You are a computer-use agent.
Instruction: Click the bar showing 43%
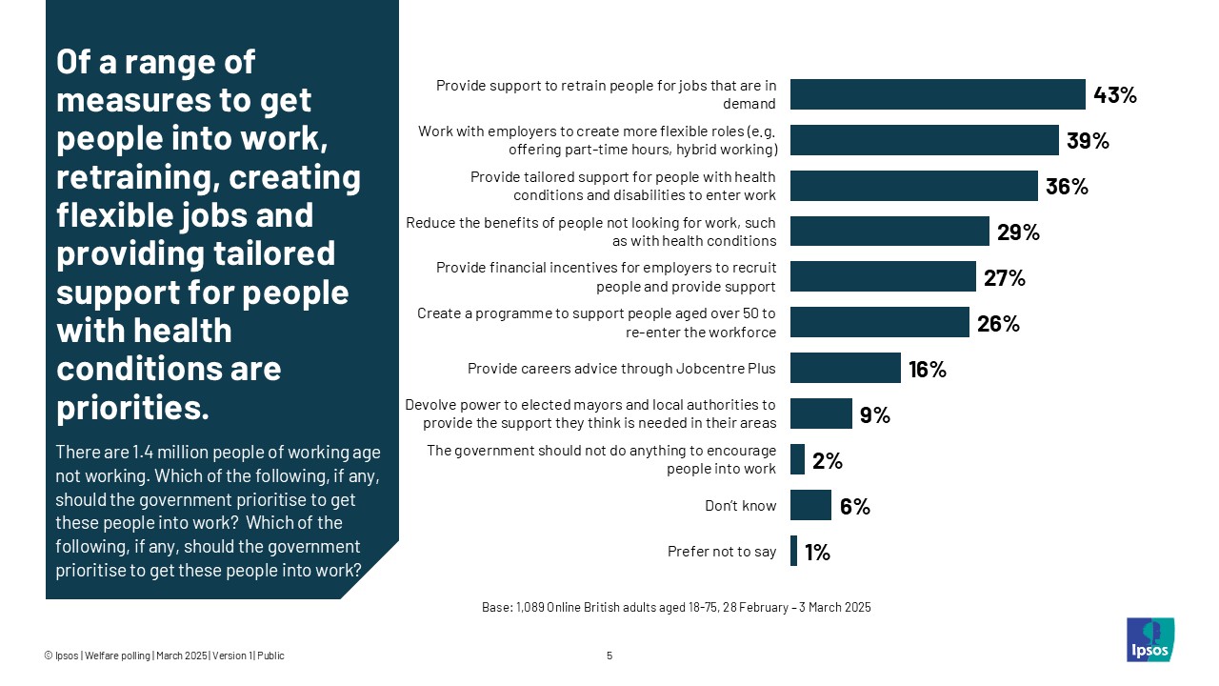click(x=937, y=94)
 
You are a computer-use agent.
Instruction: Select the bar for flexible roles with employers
click(x=924, y=140)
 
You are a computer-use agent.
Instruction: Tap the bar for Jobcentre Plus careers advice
click(x=845, y=368)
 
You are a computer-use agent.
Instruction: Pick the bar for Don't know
click(x=810, y=505)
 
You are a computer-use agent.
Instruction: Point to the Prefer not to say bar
click(x=793, y=551)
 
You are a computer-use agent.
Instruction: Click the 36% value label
click(x=1067, y=187)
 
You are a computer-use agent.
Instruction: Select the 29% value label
click(x=1018, y=232)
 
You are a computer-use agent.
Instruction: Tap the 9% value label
click(x=874, y=414)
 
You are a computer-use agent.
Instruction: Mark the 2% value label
click(x=828, y=461)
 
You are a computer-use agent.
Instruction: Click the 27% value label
click(x=1004, y=278)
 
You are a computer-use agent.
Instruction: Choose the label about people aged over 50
click(x=597, y=323)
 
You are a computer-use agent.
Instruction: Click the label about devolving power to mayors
click(x=590, y=414)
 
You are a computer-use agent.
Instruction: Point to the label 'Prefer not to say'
click(x=722, y=552)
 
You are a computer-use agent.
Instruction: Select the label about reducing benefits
click(x=590, y=232)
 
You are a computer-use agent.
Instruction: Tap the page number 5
click(x=609, y=656)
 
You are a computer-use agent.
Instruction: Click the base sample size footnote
click(x=676, y=607)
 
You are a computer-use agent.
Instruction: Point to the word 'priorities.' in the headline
click(x=132, y=408)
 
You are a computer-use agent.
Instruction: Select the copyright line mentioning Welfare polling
click(x=164, y=656)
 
